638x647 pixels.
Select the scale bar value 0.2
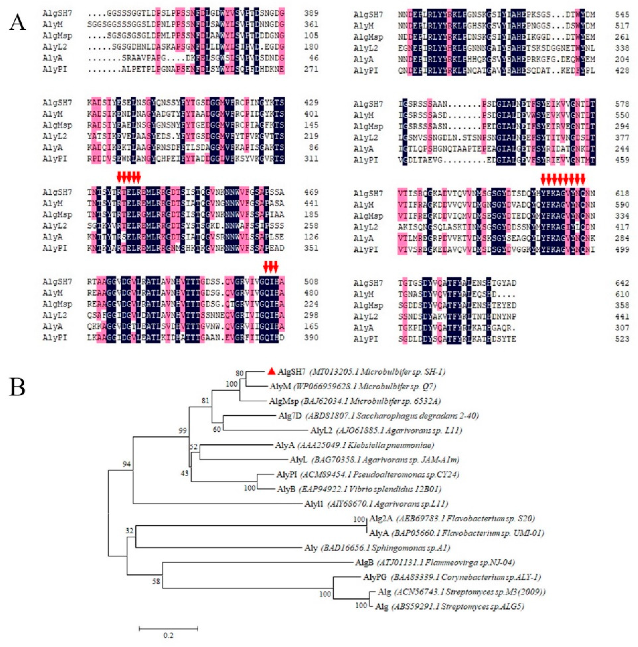168,635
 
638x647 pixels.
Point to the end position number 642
622,283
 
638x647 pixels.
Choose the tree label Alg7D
290,416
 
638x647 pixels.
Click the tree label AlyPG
375,577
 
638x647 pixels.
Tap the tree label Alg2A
381,519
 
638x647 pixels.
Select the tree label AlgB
364,562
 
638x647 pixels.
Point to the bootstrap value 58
156,581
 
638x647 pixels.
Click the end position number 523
622,339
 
